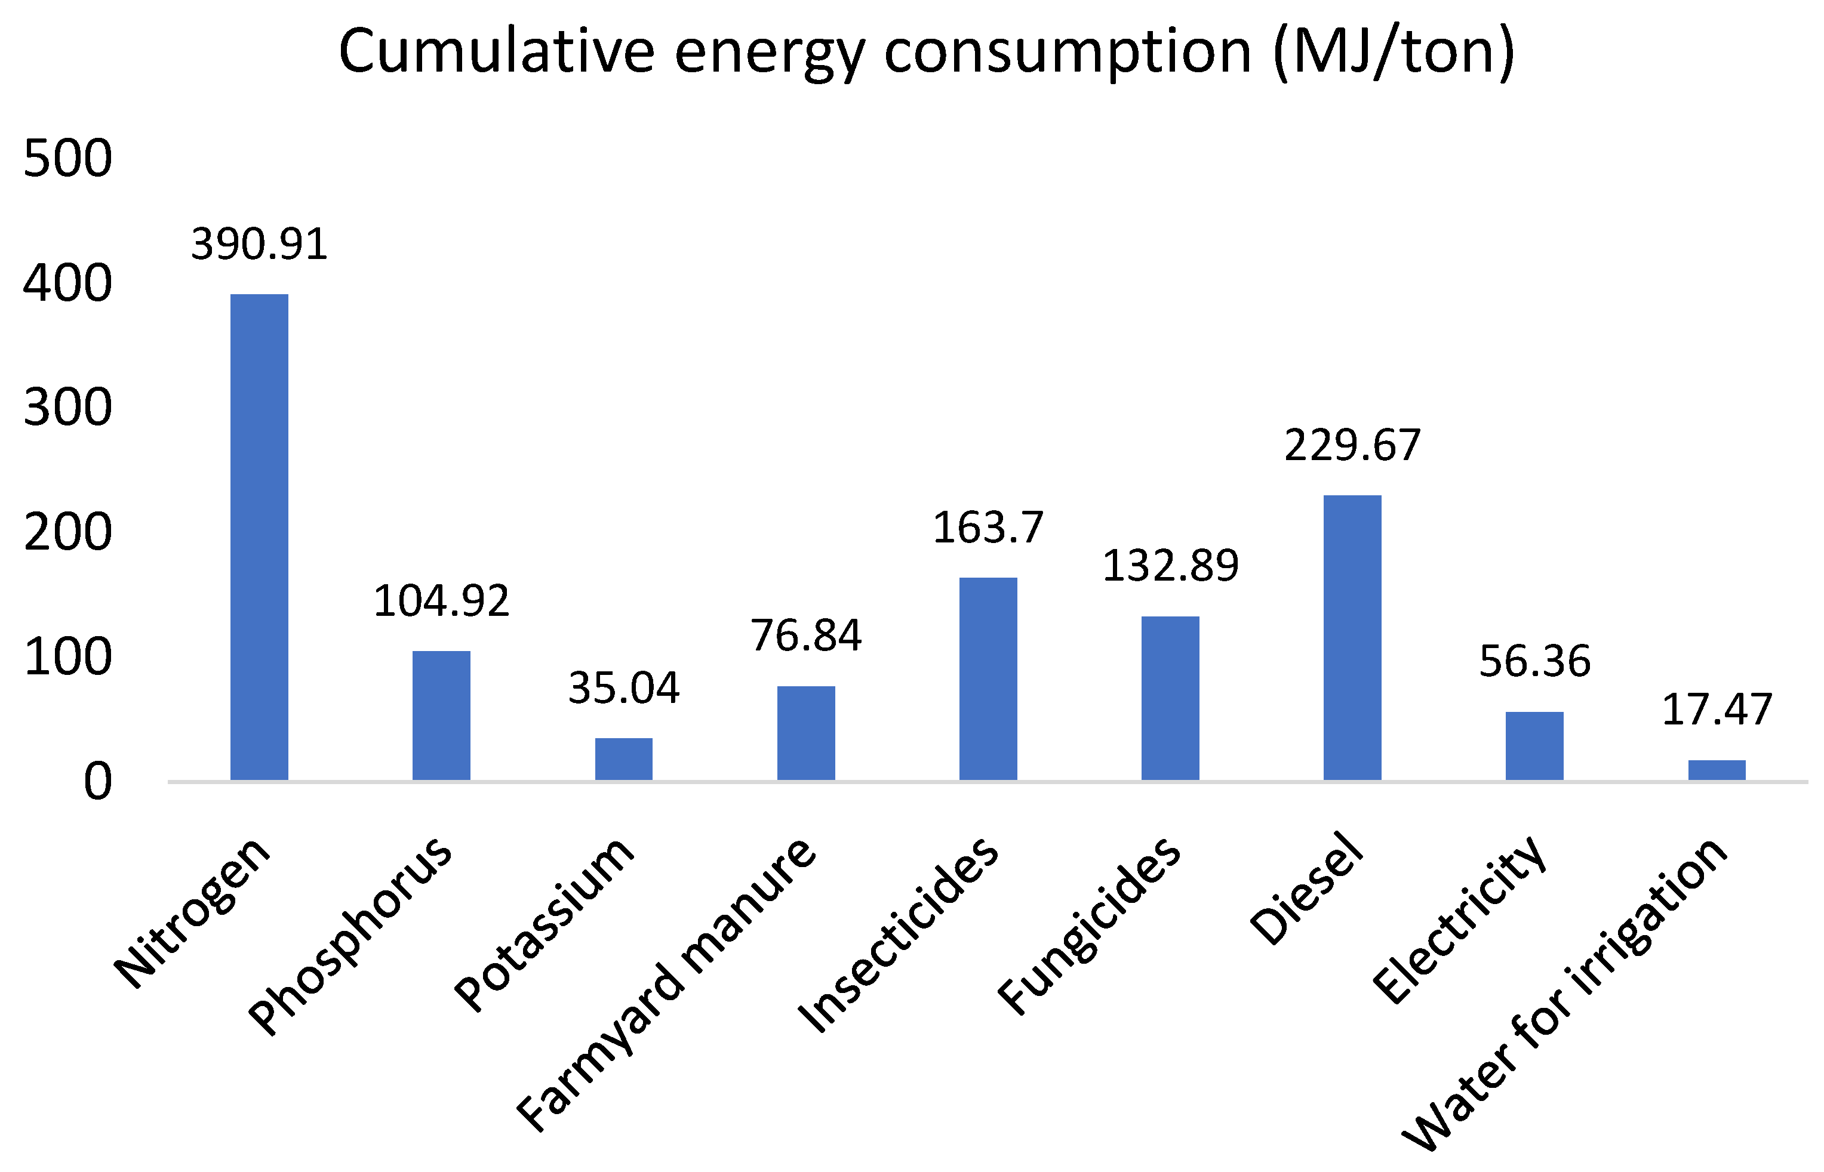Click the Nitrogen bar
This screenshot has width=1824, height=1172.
click(x=259, y=536)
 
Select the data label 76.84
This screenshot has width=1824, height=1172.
click(x=805, y=636)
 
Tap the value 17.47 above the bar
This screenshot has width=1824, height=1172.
click(x=1717, y=710)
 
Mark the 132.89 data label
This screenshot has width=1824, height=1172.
click(x=1170, y=566)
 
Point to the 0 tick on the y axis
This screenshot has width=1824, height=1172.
click(x=97, y=782)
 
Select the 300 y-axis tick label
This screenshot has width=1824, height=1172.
click(x=67, y=408)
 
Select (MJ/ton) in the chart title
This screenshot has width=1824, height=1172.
click(x=1393, y=52)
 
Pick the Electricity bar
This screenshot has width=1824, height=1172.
click(x=1534, y=746)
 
